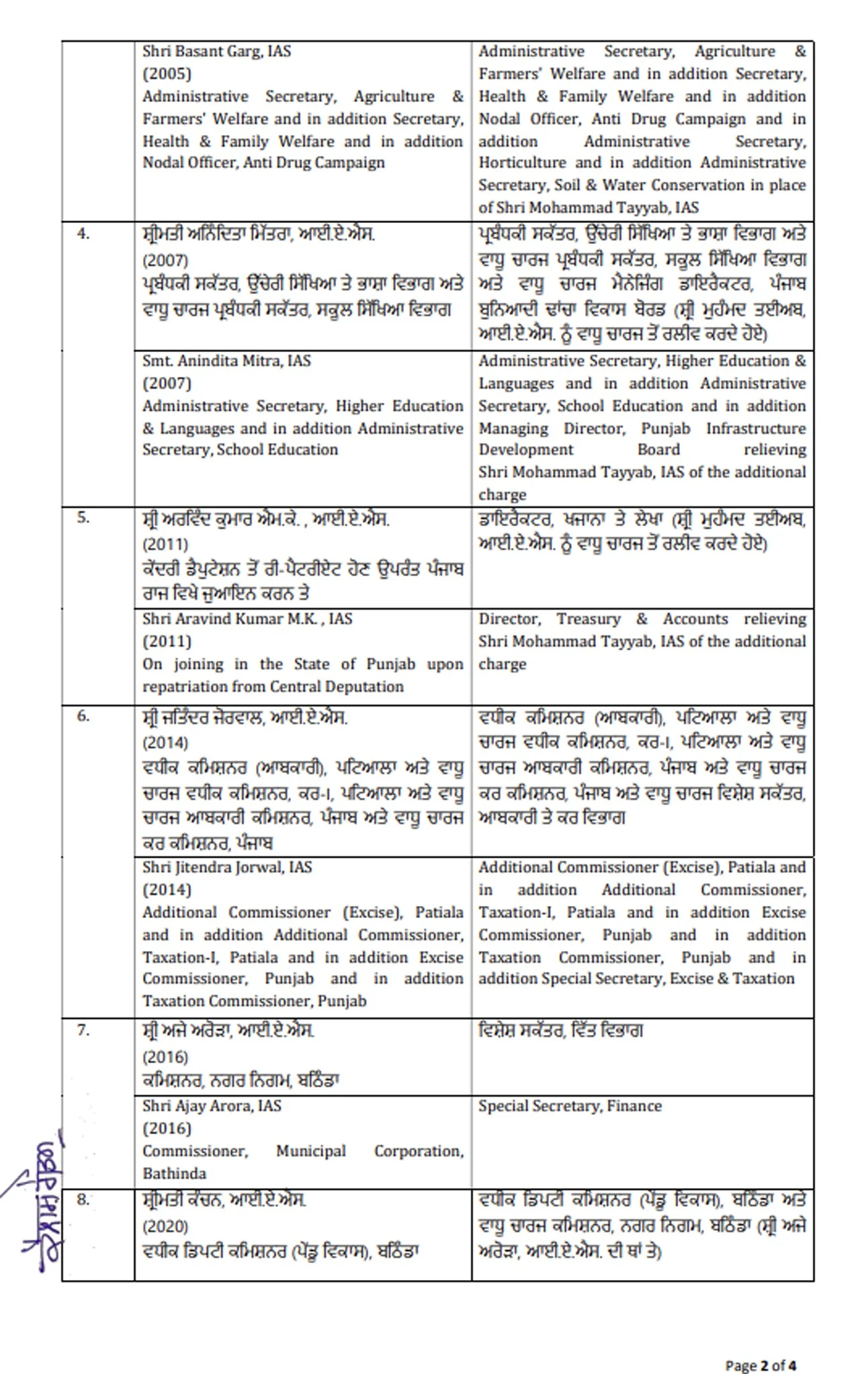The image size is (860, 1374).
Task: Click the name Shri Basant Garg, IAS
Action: click(216, 52)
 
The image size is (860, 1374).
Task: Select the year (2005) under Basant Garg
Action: click(167, 74)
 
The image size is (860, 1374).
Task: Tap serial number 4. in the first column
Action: click(83, 234)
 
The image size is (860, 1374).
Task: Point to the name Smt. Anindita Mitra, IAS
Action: click(226, 361)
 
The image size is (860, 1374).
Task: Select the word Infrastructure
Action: click(756, 428)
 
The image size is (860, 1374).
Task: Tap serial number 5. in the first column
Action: click(83, 518)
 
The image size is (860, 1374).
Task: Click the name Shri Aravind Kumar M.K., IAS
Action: click(247, 619)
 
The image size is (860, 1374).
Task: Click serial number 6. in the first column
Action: click(83, 716)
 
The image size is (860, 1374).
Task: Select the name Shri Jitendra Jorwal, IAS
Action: click(227, 868)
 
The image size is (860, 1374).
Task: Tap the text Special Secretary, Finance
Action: click(570, 1106)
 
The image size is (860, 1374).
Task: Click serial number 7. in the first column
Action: click(83, 1030)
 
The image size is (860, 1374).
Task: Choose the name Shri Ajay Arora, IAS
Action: click(212, 1106)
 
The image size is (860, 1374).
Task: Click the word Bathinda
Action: click(174, 1174)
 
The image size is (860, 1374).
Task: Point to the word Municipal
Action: click(310, 1151)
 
